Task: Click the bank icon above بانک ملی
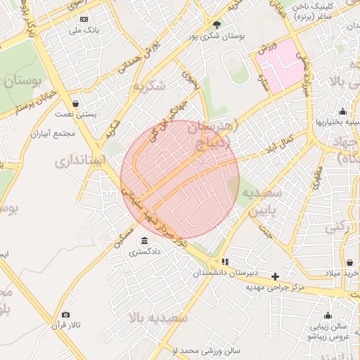click(84, 19)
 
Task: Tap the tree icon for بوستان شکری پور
click(216, 25)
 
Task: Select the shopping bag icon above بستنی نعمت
click(75, 104)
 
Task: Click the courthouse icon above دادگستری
click(145, 240)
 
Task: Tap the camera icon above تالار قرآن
click(65, 315)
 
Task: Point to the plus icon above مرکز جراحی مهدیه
click(275, 276)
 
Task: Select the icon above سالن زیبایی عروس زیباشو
click(308, 326)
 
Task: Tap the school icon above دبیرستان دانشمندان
click(224, 262)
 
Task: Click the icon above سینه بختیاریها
click(342, 111)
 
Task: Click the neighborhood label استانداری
click(80, 161)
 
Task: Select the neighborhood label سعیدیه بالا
click(158, 318)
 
